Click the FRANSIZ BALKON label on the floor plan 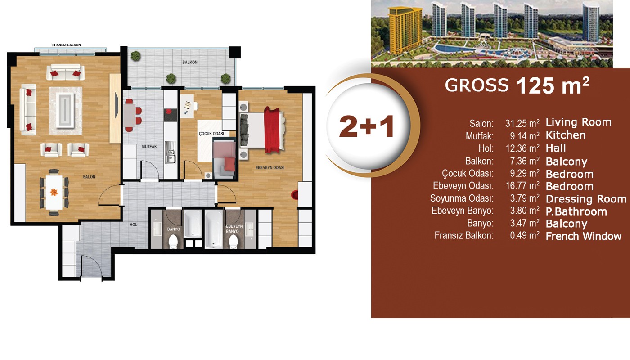(x=67, y=45)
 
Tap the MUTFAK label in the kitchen (x=149, y=147)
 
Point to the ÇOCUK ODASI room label (x=211, y=134)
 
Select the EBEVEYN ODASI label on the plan (x=270, y=167)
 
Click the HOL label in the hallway (x=133, y=225)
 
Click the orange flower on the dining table (x=54, y=192)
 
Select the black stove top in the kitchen (x=171, y=115)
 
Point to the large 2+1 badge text (x=366, y=127)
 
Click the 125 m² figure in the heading (x=553, y=85)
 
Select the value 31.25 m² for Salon (x=522, y=123)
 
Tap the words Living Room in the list (x=579, y=122)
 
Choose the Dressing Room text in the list (x=586, y=199)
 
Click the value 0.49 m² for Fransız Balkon (x=525, y=235)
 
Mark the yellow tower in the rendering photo (x=405, y=30)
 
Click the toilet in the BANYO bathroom (x=173, y=242)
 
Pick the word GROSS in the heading (x=477, y=85)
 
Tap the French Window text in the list (x=584, y=237)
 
